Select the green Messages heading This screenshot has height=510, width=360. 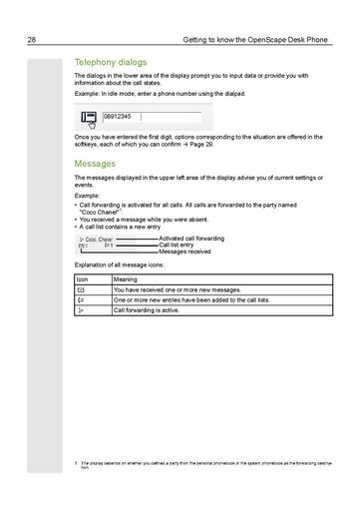point(95,163)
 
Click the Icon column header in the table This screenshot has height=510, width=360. point(83,279)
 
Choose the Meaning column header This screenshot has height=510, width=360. point(127,279)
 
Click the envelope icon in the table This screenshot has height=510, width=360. point(81,289)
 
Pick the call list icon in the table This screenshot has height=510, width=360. point(81,299)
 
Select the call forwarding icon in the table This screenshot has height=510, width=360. point(81,310)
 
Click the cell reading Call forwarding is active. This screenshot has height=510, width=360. point(147,310)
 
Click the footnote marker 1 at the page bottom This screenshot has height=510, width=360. point(76,462)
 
